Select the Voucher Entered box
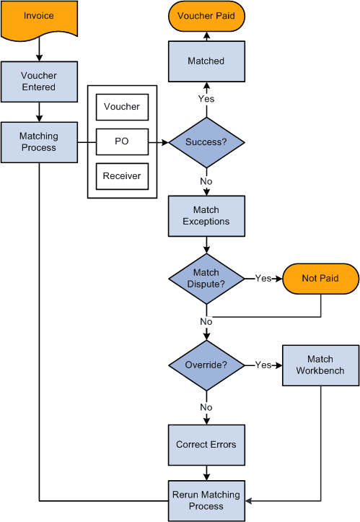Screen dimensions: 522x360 coord(39,81)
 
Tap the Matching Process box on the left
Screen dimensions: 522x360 coord(39,142)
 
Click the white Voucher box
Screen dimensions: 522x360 coord(122,107)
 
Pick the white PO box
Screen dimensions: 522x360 coord(122,142)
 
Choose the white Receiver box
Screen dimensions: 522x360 coord(122,176)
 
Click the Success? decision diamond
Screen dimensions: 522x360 coord(206,142)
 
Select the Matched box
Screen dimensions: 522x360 coord(206,61)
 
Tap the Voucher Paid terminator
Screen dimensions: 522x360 coord(206,16)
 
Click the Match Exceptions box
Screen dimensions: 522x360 coord(206,216)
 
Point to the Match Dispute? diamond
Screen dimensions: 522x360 coord(206,279)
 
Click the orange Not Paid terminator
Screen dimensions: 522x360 coord(320,279)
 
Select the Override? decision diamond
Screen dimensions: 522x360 coord(206,365)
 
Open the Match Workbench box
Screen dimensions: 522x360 coord(320,365)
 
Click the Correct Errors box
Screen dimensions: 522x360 coord(206,445)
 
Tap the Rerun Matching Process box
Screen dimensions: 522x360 coord(206,500)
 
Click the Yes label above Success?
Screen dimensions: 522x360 coord(206,98)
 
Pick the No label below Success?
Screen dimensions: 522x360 coord(206,181)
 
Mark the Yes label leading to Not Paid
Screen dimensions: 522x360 coord(263,279)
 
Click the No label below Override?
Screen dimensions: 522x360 coord(206,407)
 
